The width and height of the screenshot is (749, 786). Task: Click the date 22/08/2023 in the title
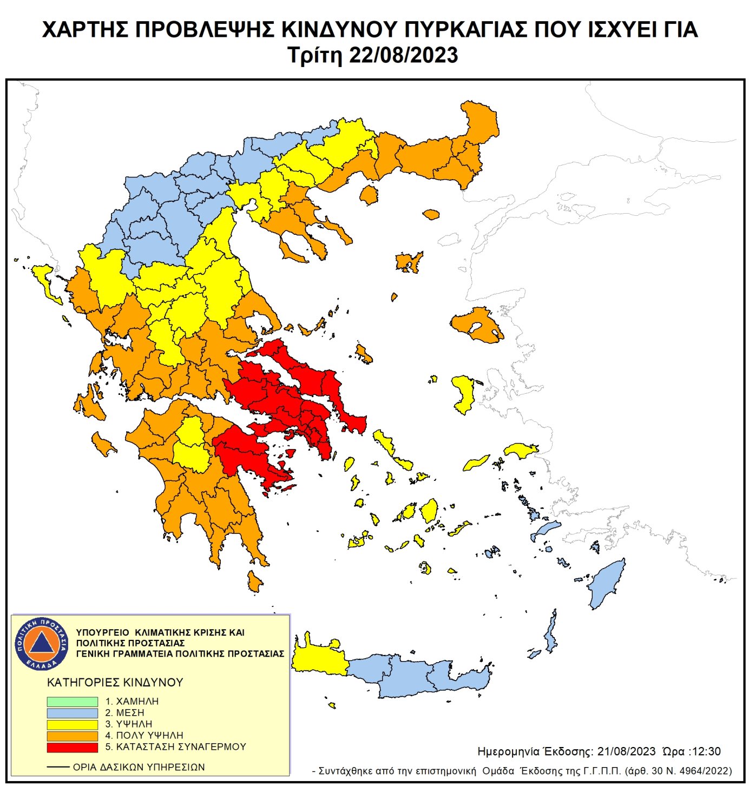tap(404, 56)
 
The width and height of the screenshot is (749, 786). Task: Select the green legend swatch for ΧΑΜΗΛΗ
tap(72, 702)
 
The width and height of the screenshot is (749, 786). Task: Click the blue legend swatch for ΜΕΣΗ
tap(72, 713)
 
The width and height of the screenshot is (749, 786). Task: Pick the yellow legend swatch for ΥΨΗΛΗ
tap(72, 724)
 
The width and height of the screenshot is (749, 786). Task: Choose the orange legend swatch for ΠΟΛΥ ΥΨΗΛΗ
tap(72, 736)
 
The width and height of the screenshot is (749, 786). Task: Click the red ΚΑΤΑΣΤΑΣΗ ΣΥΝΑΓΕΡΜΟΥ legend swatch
tap(72, 747)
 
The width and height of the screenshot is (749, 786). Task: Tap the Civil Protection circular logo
tap(42, 643)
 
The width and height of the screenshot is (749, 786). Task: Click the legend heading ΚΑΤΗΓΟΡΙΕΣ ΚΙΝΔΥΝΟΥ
tap(115, 682)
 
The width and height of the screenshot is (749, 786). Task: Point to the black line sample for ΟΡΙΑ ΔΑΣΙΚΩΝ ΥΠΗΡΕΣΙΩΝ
tap(58, 767)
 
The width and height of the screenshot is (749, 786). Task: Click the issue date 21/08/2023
tap(626, 751)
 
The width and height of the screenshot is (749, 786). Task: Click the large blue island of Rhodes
tap(607, 584)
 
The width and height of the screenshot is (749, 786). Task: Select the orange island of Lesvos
tap(476, 325)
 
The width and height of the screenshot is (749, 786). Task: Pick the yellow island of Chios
tap(464, 394)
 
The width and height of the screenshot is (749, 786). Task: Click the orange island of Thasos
tap(369, 195)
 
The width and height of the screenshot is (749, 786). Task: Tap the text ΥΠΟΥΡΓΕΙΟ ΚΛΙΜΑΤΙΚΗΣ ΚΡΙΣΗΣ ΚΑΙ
tap(160, 632)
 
